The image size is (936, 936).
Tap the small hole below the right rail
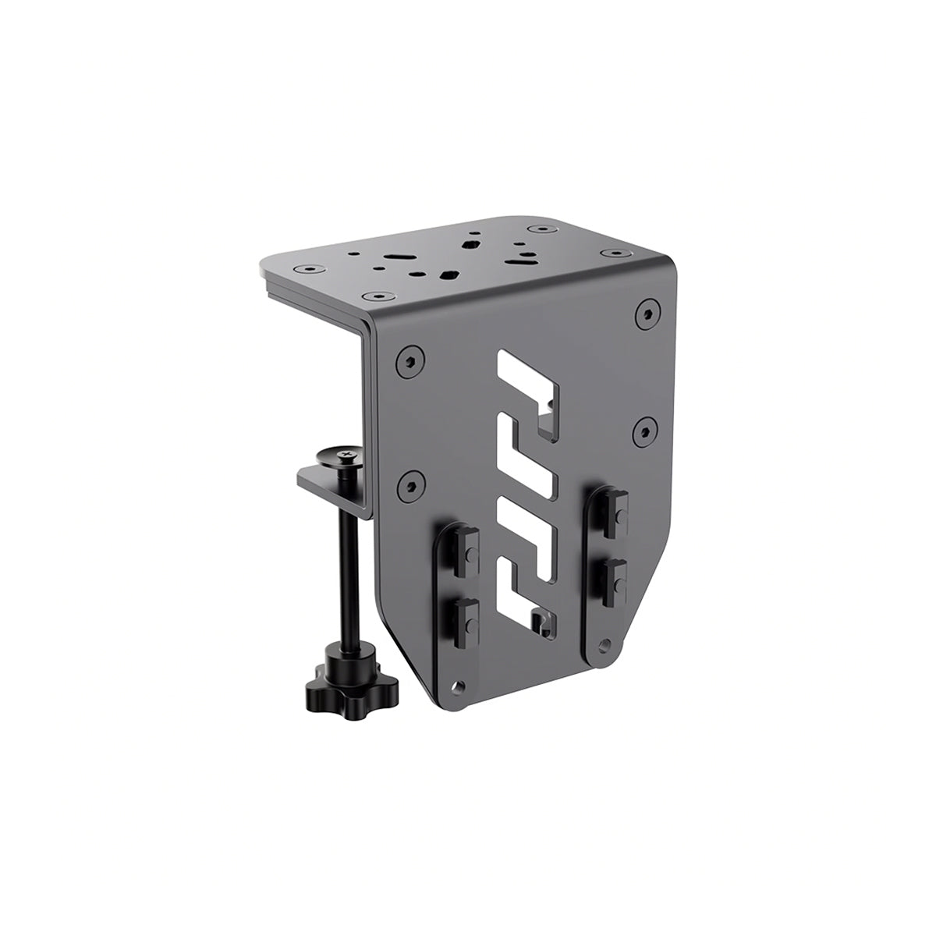pyautogui.click(x=603, y=646)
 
